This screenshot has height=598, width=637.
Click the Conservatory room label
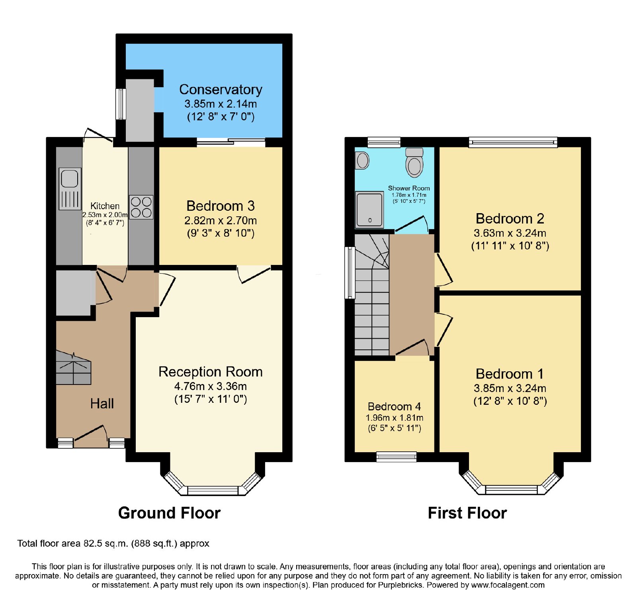coord(221,90)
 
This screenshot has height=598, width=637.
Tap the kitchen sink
coord(70,188)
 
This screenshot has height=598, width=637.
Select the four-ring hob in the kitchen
coord(141,207)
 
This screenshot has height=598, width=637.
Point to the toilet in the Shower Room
coord(414,162)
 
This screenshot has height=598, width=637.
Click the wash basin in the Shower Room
coord(362,161)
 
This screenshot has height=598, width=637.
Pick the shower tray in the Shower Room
coord(369,210)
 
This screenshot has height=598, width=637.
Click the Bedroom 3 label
coord(220,206)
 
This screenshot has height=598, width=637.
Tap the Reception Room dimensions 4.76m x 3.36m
coord(211,386)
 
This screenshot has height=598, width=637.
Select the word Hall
coord(102,404)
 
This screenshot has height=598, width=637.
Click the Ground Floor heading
coord(169,513)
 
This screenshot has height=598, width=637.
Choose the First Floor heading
coord(467,513)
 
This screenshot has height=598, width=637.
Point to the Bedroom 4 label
coord(394,406)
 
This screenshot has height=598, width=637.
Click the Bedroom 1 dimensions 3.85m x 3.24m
coord(510,388)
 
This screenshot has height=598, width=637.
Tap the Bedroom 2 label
coord(510,219)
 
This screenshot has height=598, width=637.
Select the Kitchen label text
coord(105,206)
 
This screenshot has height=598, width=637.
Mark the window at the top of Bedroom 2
coord(513,142)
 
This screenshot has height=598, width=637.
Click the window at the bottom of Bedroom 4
coord(397,457)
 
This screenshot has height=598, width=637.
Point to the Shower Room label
coord(409,188)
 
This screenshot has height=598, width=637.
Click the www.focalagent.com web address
coord(508,585)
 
